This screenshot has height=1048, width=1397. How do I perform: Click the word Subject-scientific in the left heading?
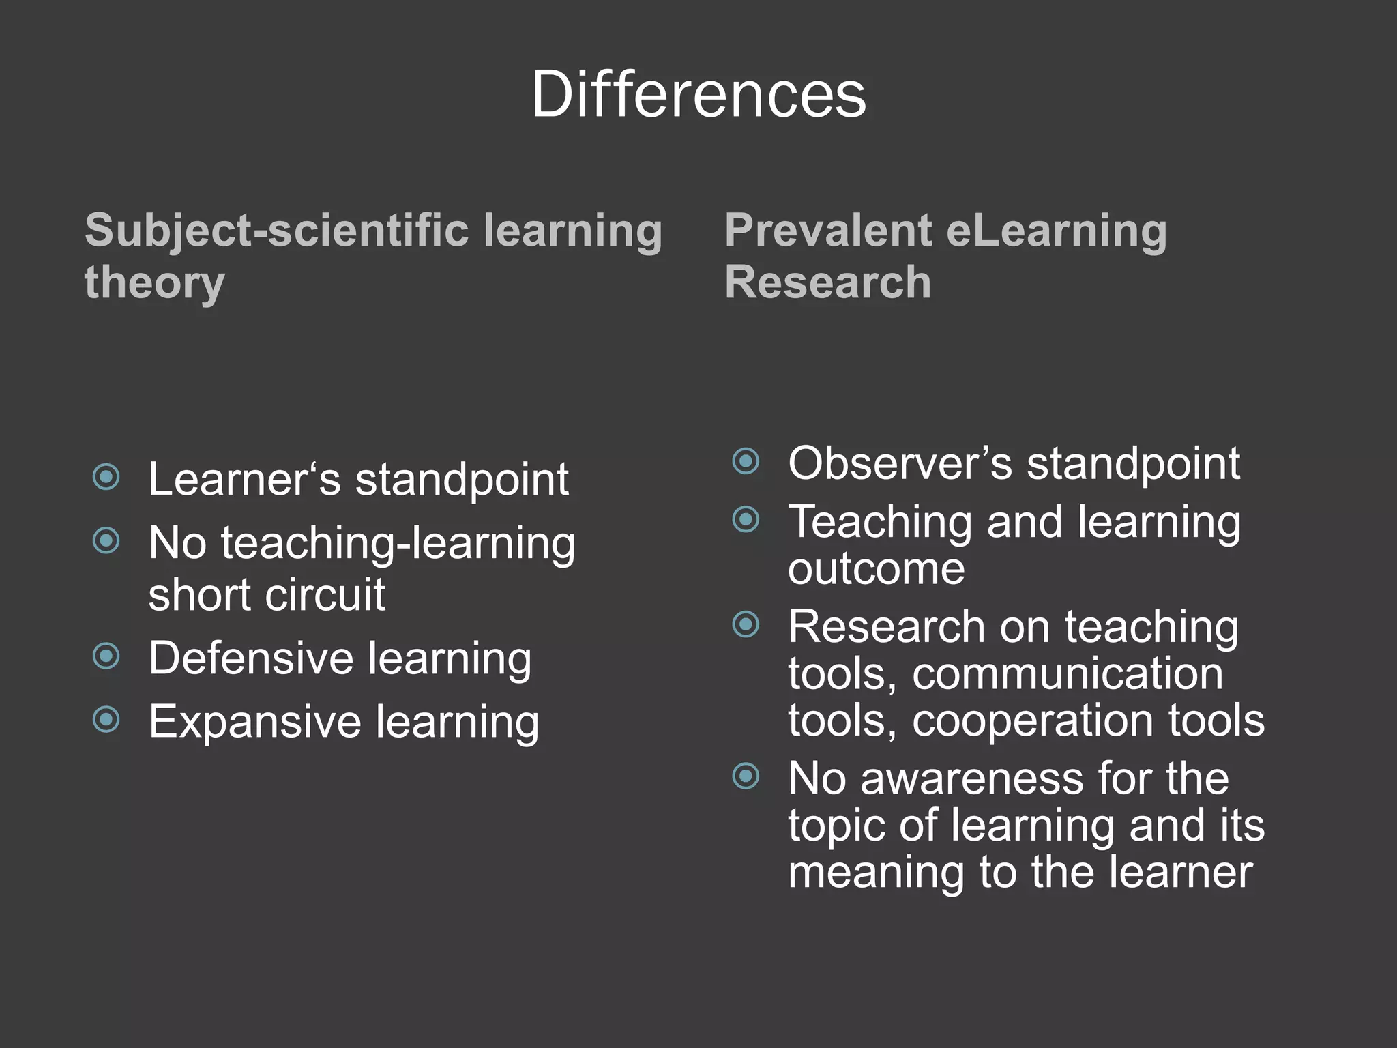pos(276,231)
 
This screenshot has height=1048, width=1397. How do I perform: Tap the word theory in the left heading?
pos(155,283)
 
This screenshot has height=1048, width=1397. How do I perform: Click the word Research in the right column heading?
pos(828,282)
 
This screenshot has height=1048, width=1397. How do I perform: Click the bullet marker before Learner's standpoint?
pos(106,477)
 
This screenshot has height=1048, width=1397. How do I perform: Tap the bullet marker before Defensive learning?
pos(106,656)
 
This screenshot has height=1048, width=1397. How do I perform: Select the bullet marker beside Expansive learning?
pos(106,719)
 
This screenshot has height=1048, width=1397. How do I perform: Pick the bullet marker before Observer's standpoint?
pos(746,461)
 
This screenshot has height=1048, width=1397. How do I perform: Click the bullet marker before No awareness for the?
pos(746,776)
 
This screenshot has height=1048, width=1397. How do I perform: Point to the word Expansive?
pos(254,722)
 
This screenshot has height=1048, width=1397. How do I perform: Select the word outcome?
pos(877,569)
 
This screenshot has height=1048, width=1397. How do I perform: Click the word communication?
pos(1068,674)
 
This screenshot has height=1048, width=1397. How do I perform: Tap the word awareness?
pos(972,778)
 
